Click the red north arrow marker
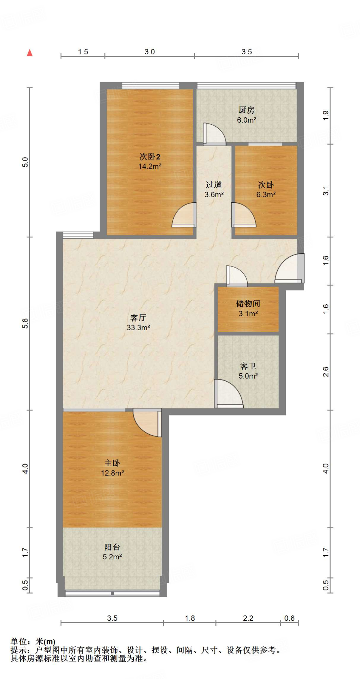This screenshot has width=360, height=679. tap(30, 53)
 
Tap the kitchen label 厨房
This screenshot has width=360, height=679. tap(246, 110)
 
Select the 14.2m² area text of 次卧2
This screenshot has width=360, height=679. tap(150, 166)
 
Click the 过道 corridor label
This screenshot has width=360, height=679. tap(213, 185)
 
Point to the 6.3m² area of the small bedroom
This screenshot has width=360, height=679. tap(266, 195)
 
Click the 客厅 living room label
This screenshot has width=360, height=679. tap(138, 318)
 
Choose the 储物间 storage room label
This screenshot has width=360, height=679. tap(248, 303)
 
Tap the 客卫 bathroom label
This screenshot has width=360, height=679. tap(248, 366)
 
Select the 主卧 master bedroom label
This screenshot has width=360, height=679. tap(112, 463)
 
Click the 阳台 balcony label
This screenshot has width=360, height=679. tap(112, 547)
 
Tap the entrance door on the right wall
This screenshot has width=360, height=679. tap(290, 268)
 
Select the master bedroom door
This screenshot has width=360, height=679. tap(147, 423)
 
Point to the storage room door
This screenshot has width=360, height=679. tap(237, 276)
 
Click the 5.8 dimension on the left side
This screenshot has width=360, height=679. tap(25, 323)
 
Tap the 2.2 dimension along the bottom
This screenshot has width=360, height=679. tap(248, 618)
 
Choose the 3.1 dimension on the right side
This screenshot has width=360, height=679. tap(326, 191)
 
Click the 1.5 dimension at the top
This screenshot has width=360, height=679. tap(83, 52)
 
